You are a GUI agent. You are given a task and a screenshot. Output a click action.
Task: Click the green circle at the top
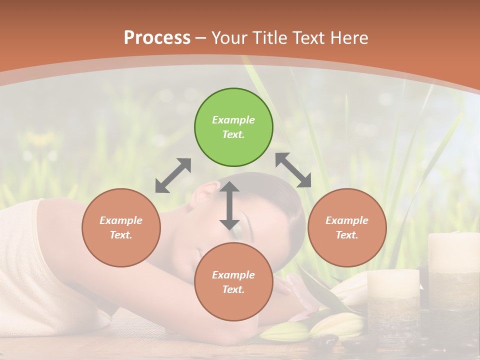click(233, 127)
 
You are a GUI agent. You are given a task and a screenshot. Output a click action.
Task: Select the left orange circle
click(121, 227)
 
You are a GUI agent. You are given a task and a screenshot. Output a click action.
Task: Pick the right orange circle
click(347, 227)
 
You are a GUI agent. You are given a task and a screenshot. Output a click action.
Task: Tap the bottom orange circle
click(233, 282)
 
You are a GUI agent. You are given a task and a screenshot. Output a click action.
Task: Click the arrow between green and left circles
click(173, 175)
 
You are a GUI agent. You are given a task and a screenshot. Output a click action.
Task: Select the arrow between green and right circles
click(293, 170)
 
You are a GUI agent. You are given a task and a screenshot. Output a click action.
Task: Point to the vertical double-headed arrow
click(229, 206)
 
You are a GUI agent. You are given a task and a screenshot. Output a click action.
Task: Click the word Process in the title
click(157, 37)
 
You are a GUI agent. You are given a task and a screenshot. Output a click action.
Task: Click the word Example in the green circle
click(233, 120)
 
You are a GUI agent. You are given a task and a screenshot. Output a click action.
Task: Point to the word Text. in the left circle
click(121, 235)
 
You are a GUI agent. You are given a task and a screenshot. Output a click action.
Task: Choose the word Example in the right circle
click(347, 220)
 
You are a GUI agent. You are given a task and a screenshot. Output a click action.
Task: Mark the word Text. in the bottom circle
click(233, 289)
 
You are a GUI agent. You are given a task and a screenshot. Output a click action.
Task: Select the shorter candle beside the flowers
click(393, 300)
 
